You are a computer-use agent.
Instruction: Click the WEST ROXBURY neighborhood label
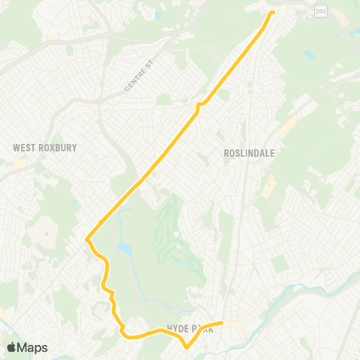pos(45,148)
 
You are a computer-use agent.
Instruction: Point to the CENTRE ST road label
pos(138,78)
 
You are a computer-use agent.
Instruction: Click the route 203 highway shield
pos(321,11)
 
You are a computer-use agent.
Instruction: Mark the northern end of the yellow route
pos(272,12)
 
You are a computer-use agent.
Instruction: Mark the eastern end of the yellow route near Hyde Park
pos(222,323)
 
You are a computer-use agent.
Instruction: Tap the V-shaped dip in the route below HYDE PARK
pos(187,347)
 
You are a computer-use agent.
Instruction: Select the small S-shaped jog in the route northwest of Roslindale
pos(199,106)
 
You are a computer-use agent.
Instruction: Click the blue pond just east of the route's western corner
pos(122,247)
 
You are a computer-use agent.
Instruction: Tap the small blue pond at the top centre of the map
pos(157,15)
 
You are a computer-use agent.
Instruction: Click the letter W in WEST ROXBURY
pos(16,148)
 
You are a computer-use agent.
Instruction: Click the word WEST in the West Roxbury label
pos(24,148)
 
